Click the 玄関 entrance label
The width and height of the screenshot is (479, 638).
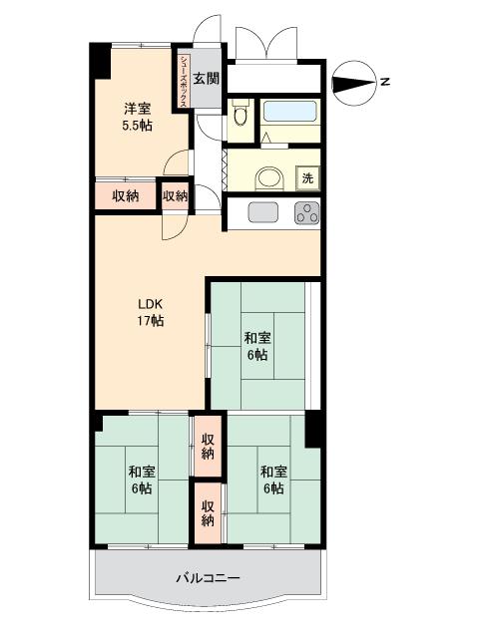[x=207, y=78]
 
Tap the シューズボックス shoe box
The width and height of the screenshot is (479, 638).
[x=184, y=80]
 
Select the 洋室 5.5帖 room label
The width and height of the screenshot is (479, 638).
[x=138, y=118]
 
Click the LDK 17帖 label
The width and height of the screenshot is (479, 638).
[x=150, y=312]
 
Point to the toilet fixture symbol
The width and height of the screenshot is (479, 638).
[x=240, y=115]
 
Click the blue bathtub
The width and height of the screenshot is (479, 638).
[x=289, y=111]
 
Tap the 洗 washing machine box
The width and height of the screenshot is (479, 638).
[x=307, y=177]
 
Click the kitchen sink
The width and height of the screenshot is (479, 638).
[x=263, y=212]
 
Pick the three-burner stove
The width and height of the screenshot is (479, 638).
[x=307, y=212]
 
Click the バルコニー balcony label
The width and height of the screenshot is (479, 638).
[x=209, y=578]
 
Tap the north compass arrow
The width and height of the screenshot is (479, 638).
[x=353, y=83]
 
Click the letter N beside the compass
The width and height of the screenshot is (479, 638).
[x=384, y=82]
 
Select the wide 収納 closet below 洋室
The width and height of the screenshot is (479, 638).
[x=126, y=196]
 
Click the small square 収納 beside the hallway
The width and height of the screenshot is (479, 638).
[x=176, y=196]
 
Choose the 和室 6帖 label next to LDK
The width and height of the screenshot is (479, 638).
[x=257, y=347]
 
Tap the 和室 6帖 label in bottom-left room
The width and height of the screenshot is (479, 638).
[x=142, y=480]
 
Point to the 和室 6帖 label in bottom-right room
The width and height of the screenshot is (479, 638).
[x=273, y=480]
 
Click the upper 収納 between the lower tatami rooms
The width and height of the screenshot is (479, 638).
[x=208, y=447]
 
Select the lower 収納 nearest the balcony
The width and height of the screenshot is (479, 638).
[x=208, y=513]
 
